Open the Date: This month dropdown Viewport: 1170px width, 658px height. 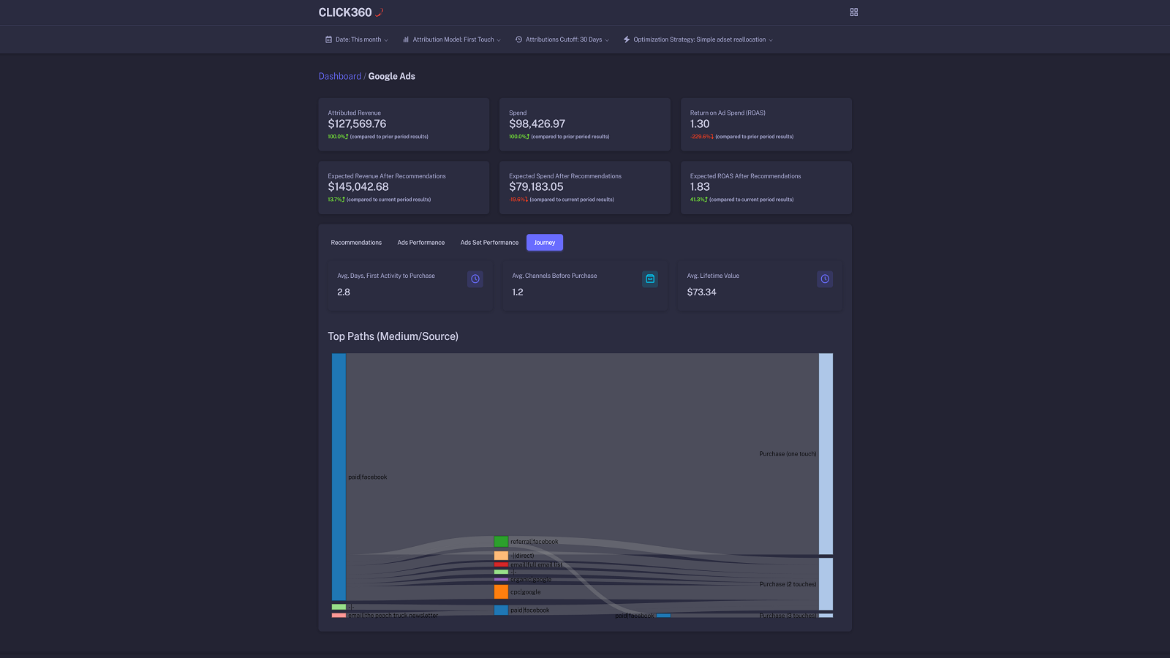[357, 39]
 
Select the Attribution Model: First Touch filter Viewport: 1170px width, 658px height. [452, 39]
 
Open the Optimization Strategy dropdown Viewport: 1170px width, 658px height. [698, 39]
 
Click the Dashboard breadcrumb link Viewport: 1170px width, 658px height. [340, 76]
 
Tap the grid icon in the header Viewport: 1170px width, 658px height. [853, 12]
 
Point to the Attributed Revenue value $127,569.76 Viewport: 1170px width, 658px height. [357, 124]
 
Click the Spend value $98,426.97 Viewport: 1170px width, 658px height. [537, 124]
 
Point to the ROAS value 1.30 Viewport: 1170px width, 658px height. [700, 124]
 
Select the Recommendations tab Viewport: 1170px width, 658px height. [356, 243]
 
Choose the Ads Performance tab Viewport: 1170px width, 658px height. [421, 243]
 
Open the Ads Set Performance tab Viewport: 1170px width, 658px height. [489, 243]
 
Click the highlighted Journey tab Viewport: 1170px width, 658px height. [545, 243]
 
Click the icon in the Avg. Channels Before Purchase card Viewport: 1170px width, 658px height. [650, 279]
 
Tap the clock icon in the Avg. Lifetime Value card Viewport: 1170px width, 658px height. [825, 279]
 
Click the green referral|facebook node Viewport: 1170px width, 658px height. [501, 542]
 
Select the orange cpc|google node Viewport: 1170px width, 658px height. [501, 591]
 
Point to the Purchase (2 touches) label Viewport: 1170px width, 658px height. [788, 584]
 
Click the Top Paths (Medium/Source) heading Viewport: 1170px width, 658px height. [393, 336]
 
